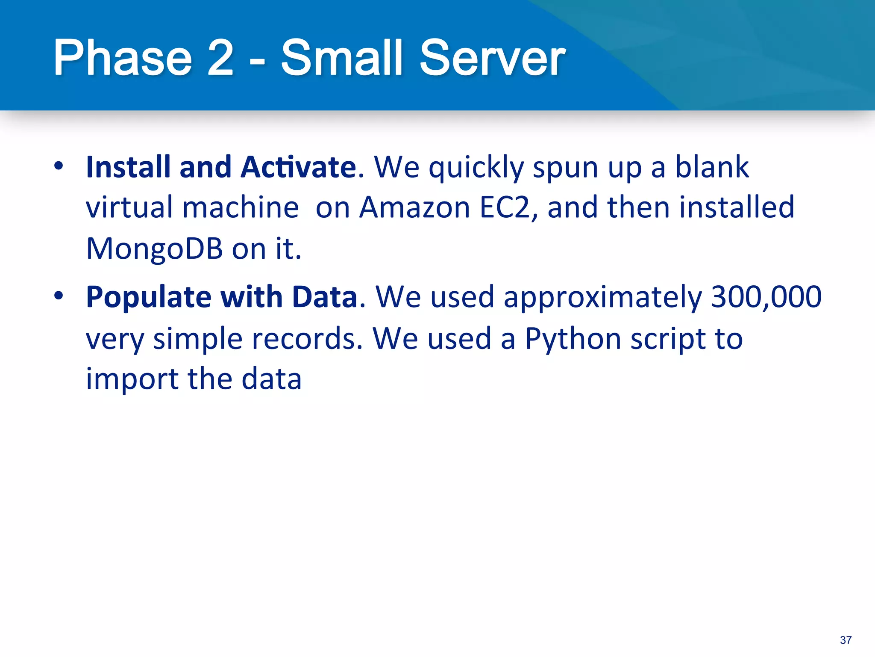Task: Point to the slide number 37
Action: click(x=846, y=640)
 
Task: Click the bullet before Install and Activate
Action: click(x=59, y=166)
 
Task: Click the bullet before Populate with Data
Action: click(x=59, y=296)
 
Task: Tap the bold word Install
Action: click(x=128, y=167)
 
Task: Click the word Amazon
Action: click(x=414, y=207)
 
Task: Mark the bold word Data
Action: click(x=325, y=297)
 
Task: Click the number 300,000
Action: click(x=766, y=297)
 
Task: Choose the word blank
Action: click(x=712, y=167)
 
